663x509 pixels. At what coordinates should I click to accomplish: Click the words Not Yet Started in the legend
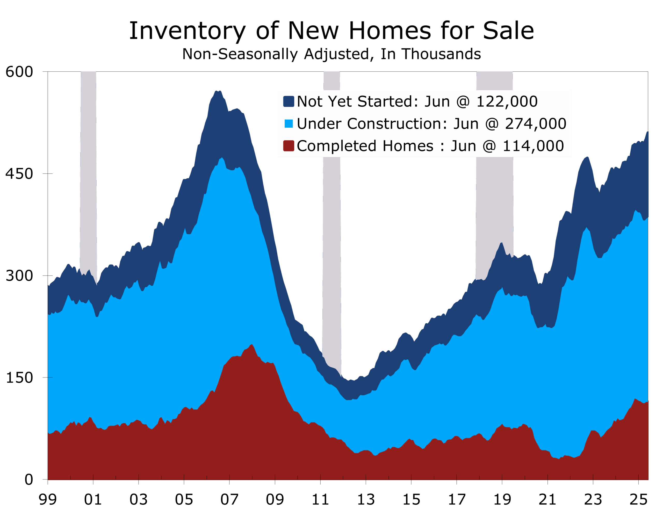tap(355, 101)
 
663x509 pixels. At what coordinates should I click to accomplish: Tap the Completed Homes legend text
tap(365, 146)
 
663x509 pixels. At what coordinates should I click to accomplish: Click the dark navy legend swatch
tap(289, 101)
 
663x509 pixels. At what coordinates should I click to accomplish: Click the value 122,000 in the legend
tap(507, 101)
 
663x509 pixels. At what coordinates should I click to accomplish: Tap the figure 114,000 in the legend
tap(533, 146)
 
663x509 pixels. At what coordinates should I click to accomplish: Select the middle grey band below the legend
tap(331, 258)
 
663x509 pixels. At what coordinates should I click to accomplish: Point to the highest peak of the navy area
tap(218, 91)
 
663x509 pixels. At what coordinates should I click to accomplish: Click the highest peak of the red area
tap(251, 345)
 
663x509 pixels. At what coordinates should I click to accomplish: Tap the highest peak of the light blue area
tap(222, 158)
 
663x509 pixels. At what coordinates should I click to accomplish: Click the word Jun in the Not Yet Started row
tap(437, 101)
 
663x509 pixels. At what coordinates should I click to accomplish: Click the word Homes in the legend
tap(408, 146)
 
